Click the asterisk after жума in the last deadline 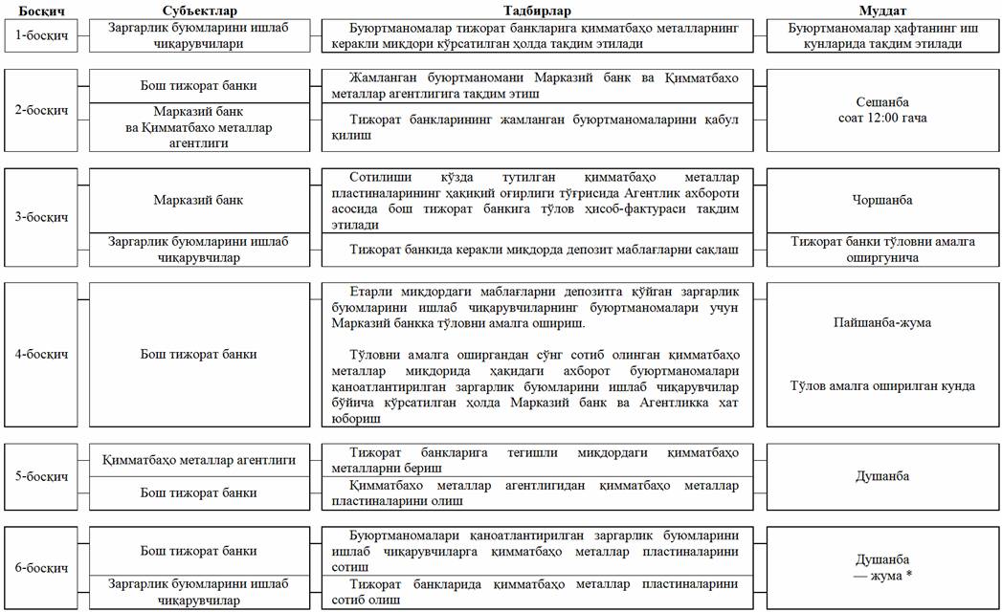907,576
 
